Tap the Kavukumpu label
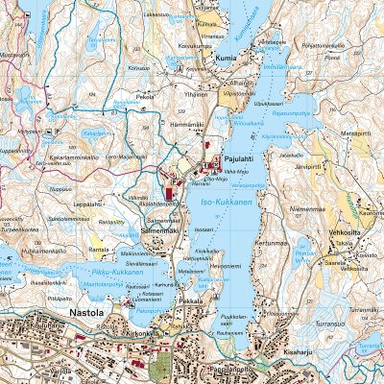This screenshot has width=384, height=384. (x=193, y=45)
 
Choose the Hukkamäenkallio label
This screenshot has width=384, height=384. (x=39, y=251)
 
